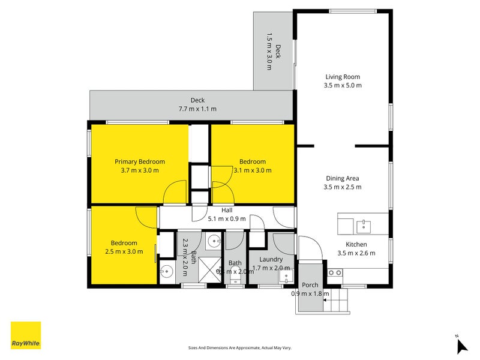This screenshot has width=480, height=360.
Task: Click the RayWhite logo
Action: (26, 335)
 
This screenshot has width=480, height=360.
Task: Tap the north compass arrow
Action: (461, 346)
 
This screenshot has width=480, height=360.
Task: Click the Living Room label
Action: (343, 77)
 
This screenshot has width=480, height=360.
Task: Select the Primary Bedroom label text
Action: (139, 161)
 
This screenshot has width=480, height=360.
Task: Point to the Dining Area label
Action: (343, 178)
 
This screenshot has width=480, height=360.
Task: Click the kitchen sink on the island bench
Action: (363, 226)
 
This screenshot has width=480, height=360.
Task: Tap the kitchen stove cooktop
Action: (334, 273)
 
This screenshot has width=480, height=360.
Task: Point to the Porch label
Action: (310, 284)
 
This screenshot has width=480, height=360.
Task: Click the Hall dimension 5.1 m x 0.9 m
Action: (227, 219)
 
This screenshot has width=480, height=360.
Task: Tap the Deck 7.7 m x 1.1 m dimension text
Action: (197, 109)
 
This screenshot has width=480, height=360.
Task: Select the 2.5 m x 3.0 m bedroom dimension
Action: (124, 251)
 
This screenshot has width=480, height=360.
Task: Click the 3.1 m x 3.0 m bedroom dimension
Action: (252, 170)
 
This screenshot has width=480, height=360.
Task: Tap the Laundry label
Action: (271, 259)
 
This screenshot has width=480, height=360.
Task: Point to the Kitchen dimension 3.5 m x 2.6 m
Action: (356, 253)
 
